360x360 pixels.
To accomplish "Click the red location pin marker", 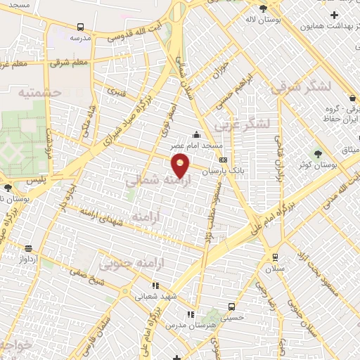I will pos(181,165).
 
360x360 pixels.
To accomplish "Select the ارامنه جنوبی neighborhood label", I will pos(125,265).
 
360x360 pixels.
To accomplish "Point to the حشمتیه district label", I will pos(40,93).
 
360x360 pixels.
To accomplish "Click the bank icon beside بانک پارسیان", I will pos(224,160).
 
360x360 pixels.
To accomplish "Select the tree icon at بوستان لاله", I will pos(263,9).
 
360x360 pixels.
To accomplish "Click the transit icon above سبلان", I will pos(274,257).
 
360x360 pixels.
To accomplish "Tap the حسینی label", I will pos(232,317).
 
